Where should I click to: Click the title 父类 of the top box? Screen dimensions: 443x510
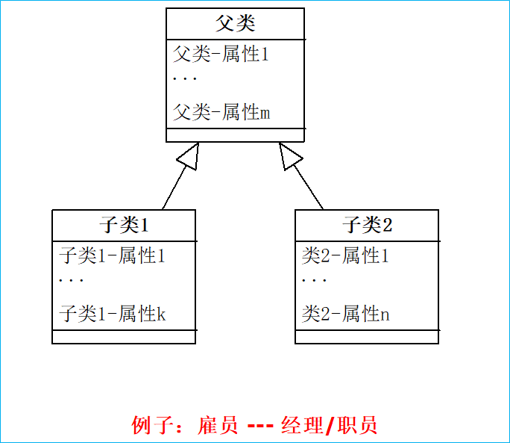(235, 23)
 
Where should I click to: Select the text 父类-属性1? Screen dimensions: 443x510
(221, 55)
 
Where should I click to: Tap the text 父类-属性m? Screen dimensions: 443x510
(221, 113)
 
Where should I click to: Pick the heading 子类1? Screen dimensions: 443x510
(125, 225)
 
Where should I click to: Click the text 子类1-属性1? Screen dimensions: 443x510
(112, 256)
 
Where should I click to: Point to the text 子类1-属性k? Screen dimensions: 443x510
(113, 315)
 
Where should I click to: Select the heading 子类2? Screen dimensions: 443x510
(367, 225)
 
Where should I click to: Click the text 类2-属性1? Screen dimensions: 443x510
(345, 256)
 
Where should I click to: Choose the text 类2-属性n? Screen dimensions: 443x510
(345, 315)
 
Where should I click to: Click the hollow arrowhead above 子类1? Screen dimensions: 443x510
(190, 155)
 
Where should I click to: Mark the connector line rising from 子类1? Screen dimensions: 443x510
(173, 189)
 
